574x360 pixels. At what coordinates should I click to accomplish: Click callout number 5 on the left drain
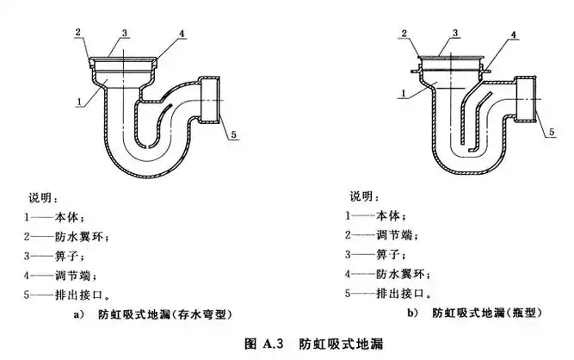pyautogui.click(x=231, y=133)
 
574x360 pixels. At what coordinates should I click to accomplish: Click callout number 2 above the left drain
pyautogui.click(x=77, y=33)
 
